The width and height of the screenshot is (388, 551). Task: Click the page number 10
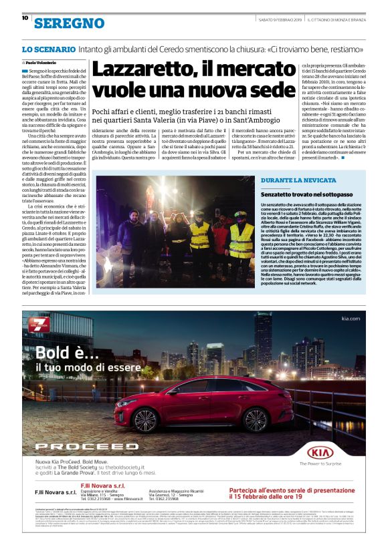click(x=25, y=18)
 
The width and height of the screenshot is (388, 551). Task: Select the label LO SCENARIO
click(x=47, y=49)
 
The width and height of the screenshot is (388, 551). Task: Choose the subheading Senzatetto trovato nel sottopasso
click(x=306, y=192)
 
